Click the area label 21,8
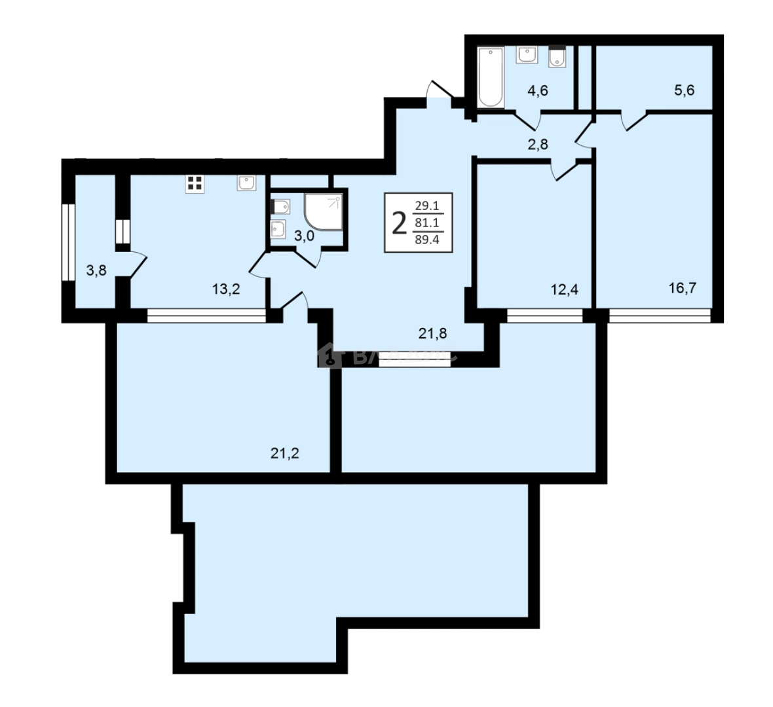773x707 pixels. click(432, 334)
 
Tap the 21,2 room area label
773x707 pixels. click(285, 453)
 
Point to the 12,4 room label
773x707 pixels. click(564, 289)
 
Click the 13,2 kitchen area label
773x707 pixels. click(226, 289)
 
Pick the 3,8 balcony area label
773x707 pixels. click(96, 270)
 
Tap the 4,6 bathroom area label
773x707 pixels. click(537, 91)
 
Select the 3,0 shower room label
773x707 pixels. click(303, 236)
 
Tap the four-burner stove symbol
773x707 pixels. click(193, 183)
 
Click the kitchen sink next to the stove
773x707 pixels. click(246, 183)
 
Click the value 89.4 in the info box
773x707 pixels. click(427, 239)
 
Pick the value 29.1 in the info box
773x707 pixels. click(427, 206)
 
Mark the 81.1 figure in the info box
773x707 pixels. click(427, 223)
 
